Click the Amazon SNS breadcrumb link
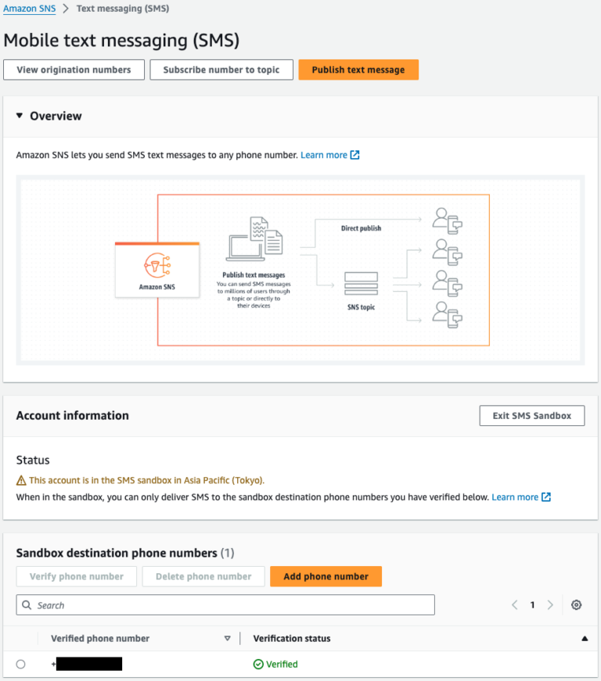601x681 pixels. click(x=29, y=9)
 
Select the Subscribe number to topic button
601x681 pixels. click(x=221, y=70)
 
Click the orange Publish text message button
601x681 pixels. click(x=358, y=70)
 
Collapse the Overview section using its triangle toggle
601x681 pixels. click(x=20, y=116)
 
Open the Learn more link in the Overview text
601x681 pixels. click(x=324, y=156)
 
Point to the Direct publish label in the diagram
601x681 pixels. click(x=361, y=228)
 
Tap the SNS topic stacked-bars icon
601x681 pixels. click(x=361, y=282)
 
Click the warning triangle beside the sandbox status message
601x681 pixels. click(x=21, y=480)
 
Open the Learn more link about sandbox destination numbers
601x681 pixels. click(x=515, y=497)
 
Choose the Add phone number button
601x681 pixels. click(x=326, y=576)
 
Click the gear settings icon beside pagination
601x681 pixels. click(x=577, y=605)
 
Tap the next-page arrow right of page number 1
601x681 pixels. click(x=551, y=605)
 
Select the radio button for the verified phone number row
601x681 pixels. click(x=20, y=665)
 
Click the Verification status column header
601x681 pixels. click(x=292, y=639)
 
